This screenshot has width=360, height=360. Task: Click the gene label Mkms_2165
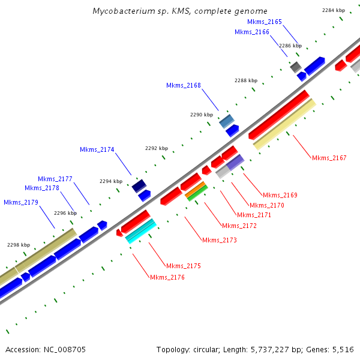265,22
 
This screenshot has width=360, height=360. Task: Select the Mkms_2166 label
252,32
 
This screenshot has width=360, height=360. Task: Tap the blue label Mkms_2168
184,85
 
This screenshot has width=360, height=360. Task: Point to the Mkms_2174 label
97,149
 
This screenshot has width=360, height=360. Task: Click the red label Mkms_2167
329,158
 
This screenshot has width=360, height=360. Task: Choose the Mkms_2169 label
280,195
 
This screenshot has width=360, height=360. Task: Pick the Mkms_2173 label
220,240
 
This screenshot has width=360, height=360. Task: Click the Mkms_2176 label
167,277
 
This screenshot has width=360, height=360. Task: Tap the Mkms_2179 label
21,202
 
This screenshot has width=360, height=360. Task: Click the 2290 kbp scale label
202,115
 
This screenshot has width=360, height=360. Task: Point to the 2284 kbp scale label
334,10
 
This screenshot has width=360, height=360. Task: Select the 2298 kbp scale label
19,245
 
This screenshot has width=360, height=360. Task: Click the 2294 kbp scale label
111,181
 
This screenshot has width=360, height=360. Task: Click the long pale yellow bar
284,124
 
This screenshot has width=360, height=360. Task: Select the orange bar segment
196,190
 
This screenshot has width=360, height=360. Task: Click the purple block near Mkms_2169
235,162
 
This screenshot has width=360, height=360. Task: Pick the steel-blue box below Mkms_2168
226,122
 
